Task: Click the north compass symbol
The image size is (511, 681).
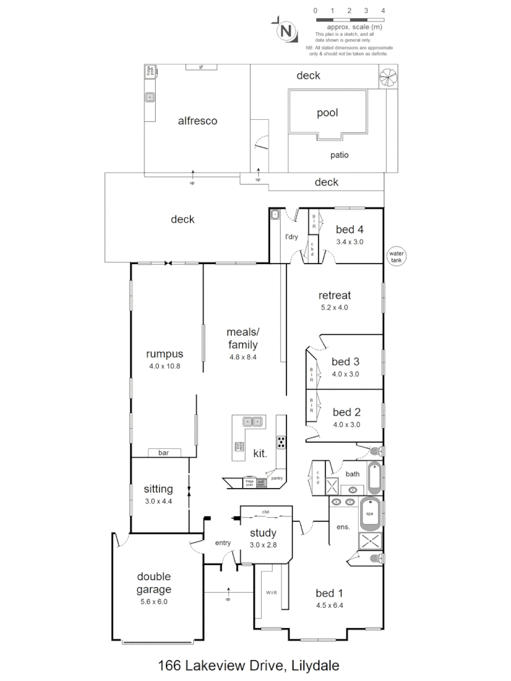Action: click(286, 30)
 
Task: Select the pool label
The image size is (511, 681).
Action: click(327, 113)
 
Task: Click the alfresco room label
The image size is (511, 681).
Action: click(197, 120)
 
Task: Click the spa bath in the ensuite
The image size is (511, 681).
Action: click(370, 515)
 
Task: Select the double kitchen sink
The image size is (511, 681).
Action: click(253, 421)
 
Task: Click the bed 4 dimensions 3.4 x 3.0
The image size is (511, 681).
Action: click(349, 242)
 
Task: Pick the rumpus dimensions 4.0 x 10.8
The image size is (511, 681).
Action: click(164, 366)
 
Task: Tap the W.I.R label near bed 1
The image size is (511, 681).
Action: click(272, 593)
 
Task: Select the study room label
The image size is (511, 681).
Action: click(263, 533)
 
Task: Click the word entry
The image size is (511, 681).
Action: click(223, 543)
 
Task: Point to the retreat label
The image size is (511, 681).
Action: click(334, 295)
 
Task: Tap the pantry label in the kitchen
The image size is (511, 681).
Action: click(277, 479)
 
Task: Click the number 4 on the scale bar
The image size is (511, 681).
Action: click(383, 11)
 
